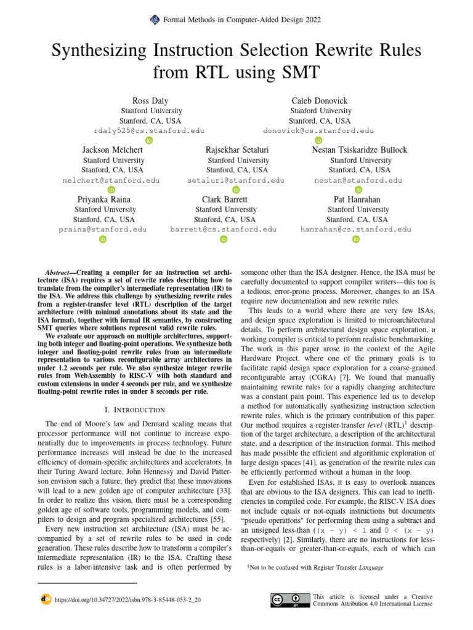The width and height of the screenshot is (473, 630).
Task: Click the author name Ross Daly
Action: point(150,100)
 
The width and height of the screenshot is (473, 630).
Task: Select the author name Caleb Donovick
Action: point(320,100)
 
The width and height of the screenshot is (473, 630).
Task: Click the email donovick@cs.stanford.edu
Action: point(318,130)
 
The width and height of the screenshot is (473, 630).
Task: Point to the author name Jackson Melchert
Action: point(111,150)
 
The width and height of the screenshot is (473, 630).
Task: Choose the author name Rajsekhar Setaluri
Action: point(237,150)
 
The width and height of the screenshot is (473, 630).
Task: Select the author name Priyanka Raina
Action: point(103,199)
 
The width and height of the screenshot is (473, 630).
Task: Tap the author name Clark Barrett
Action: point(225,199)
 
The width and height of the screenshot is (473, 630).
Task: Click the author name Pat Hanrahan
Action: point(357,199)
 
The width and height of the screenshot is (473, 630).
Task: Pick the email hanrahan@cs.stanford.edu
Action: point(356,229)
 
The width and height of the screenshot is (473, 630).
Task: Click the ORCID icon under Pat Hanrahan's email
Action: point(356,239)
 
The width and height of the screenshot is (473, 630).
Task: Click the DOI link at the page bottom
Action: point(128,598)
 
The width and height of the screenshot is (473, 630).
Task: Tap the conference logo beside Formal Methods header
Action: point(155,20)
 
